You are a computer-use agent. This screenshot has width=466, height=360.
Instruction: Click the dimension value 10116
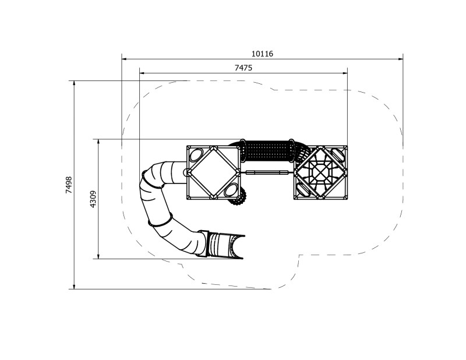coord(262,54)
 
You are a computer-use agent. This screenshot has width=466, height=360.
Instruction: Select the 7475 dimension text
coord(243,68)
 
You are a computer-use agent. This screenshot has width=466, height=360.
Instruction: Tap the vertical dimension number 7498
coord(69,185)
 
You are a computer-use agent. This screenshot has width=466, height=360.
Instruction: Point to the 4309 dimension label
coord(93,199)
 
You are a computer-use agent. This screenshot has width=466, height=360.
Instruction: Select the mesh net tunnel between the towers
coord(267,152)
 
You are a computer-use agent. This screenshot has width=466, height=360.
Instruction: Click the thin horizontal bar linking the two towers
coord(267,172)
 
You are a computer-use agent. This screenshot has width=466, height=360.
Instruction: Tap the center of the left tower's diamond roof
coord(213,172)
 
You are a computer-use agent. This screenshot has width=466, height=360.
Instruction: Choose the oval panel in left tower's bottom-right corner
coord(231,189)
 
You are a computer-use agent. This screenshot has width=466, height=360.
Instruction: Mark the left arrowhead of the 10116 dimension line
coord(123,58)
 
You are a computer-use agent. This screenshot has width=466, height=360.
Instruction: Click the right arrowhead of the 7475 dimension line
coord(345,73)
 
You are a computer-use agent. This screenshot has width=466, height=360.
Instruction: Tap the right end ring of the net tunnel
coord(291,152)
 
